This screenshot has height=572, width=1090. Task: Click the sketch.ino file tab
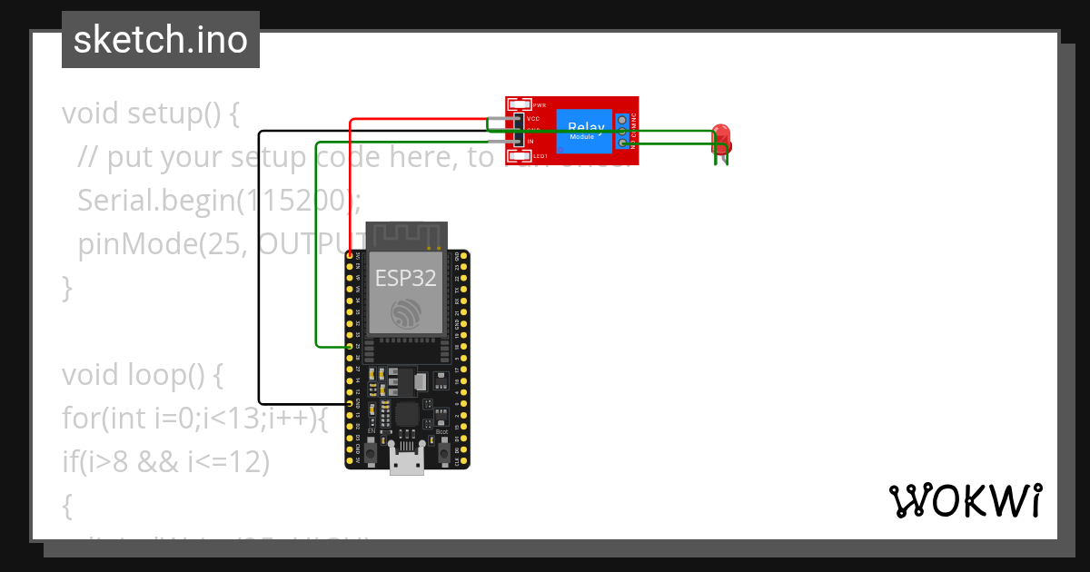click(x=161, y=40)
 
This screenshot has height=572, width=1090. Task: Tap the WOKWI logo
click(x=965, y=500)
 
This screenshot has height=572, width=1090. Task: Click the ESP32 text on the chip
click(x=406, y=279)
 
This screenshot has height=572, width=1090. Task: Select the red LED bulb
click(x=722, y=136)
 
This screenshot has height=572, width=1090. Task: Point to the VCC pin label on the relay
click(x=533, y=119)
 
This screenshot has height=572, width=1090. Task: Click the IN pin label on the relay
click(x=530, y=142)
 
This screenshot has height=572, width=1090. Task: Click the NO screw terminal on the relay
click(x=622, y=143)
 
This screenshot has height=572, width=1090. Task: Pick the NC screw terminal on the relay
click(x=622, y=119)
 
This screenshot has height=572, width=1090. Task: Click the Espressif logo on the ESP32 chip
click(x=406, y=313)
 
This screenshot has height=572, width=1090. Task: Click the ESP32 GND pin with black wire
click(x=351, y=403)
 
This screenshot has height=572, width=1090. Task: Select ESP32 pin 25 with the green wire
click(x=351, y=347)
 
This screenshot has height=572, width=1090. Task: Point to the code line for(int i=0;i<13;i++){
click(x=193, y=419)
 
